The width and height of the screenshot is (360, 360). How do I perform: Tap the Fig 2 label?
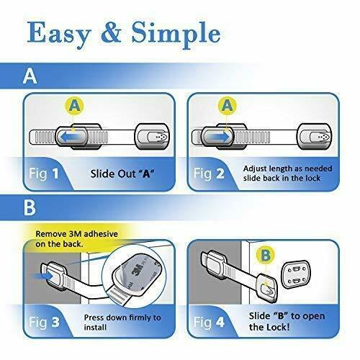(x=209, y=174)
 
